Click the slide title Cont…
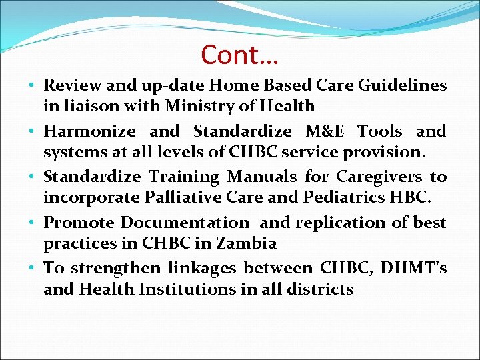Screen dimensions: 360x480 pyautogui.click(x=239, y=55)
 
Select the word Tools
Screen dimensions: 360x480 pyautogui.click(x=380, y=131)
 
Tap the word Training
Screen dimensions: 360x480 pyautogui.click(x=183, y=177)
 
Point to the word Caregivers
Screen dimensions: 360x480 pyautogui.click(x=379, y=177)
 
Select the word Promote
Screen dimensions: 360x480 pyautogui.click(x=78, y=223)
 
